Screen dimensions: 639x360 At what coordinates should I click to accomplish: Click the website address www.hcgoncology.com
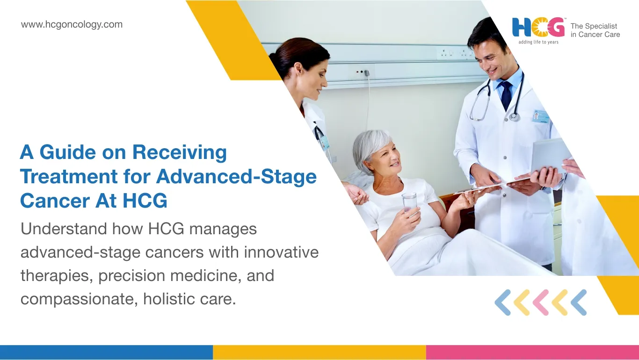click(72, 24)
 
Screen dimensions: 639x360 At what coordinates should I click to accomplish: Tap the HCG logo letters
click(538, 28)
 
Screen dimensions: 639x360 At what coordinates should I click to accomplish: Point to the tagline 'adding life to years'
click(538, 42)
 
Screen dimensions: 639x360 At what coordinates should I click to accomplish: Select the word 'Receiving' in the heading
click(180, 152)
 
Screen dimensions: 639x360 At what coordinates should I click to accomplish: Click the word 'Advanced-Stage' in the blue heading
click(236, 177)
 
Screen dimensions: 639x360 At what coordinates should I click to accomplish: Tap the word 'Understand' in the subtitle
click(64, 229)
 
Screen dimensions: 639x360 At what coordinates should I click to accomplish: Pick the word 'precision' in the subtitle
click(132, 276)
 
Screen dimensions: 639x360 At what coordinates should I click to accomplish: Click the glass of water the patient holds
click(410, 202)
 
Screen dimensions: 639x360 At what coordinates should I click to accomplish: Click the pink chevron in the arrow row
click(541, 302)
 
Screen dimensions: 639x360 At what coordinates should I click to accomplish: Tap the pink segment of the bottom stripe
click(533, 353)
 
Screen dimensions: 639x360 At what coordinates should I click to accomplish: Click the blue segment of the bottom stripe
click(106, 353)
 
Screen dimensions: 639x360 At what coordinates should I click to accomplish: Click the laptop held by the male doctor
click(549, 155)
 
